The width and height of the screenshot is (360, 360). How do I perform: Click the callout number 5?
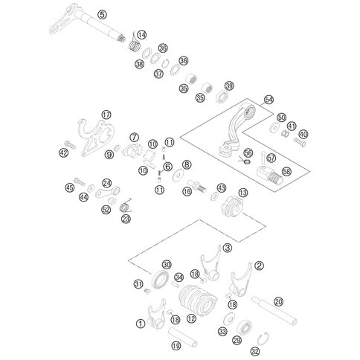[102, 15]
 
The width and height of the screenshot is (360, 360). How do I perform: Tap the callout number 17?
[106, 115]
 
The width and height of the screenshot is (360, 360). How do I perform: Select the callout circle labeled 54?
[269, 100]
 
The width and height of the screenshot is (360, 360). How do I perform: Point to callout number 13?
[243, 193]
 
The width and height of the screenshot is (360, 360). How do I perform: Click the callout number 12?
[191, 318]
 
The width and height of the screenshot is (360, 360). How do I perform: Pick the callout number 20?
[279, 302]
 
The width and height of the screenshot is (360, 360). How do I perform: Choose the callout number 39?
[229, 86]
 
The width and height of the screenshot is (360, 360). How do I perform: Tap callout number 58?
[286, 171]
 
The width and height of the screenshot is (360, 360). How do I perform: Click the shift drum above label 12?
[198, 300]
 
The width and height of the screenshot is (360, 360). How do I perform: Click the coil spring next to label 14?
[135, 44]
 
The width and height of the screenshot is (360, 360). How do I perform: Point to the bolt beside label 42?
[71, 144]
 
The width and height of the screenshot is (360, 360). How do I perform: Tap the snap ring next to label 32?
[263, 338]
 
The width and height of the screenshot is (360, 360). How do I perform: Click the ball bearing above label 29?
[245, 328]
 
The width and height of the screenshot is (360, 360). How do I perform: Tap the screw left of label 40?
[300, 142]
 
